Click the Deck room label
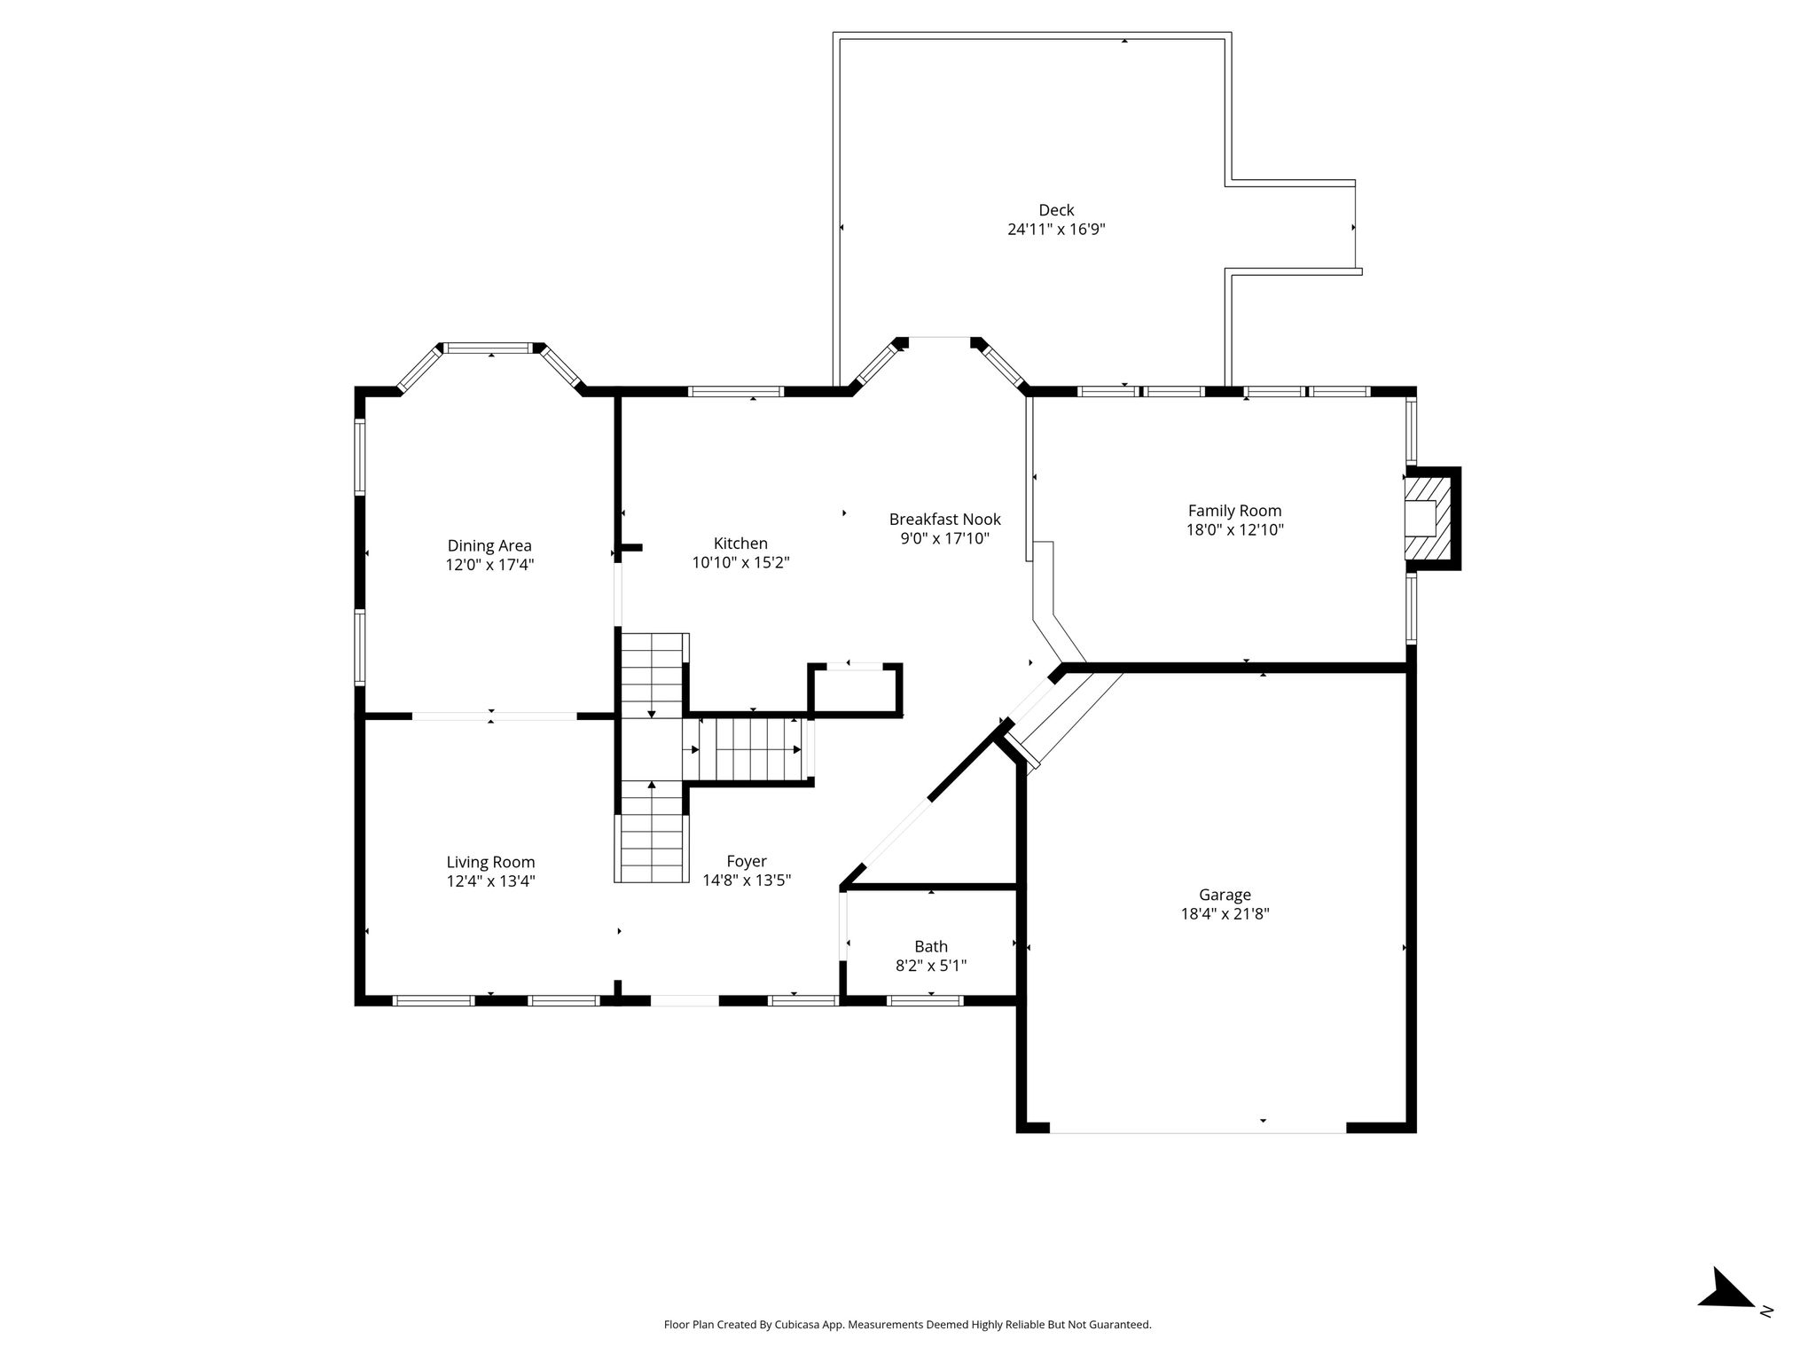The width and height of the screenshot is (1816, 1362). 1056,210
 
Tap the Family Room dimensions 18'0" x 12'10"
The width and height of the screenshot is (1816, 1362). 1235,530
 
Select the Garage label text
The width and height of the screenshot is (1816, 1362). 1225,896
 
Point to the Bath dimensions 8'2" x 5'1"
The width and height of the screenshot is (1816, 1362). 931,966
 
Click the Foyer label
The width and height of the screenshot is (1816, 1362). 747,861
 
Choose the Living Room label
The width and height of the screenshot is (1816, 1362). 490,862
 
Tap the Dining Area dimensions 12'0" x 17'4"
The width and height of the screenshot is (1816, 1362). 489,565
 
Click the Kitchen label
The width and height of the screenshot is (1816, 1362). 740,544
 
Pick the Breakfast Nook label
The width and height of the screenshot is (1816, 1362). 945,519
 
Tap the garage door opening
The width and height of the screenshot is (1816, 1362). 1198,1128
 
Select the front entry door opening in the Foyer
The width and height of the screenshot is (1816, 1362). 685,1000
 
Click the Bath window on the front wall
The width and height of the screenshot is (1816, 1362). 925,1000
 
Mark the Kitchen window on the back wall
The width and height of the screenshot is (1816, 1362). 736,391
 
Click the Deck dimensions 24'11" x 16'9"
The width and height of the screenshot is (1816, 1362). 1056,230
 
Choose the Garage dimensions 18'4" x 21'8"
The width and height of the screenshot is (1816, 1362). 1225,914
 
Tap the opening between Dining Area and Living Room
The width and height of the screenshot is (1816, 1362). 495,715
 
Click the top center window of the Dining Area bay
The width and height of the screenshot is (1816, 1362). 491,348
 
